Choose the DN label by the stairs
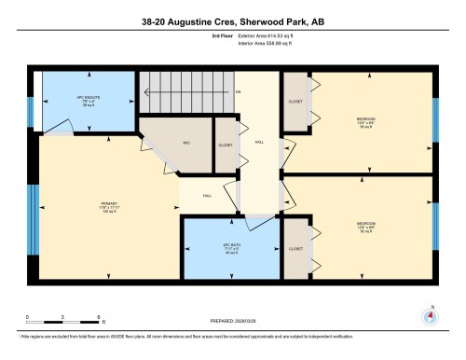(239, 91)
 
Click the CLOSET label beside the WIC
(226, 145)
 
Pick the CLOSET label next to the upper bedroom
(295, 100)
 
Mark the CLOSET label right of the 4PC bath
(295, 249)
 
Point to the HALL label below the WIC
(207, 196)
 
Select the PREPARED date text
(232, 322)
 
